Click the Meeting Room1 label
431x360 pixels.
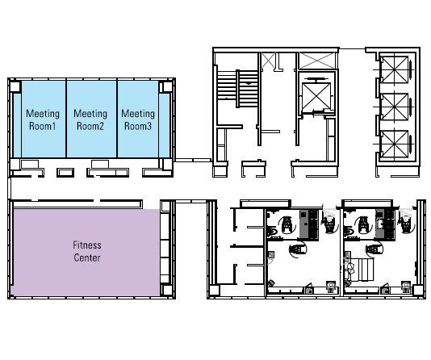point(43,119)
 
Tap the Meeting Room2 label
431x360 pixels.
point(90,119)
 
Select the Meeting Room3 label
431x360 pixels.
point(138,119)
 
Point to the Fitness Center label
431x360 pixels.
point(87,251)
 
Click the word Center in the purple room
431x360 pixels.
point(87,257)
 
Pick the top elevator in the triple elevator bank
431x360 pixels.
point(395,69)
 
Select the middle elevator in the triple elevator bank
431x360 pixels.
point(395,107)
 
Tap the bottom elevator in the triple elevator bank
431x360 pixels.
point(395,144)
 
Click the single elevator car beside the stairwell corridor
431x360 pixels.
point(316,96)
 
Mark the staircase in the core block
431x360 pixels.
point(238,89)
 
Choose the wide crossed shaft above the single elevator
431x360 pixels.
point(317,61)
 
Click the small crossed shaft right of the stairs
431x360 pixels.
point(268,61)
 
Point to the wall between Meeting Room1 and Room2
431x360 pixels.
point(66,119)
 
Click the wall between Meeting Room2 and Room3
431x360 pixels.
point(117,119)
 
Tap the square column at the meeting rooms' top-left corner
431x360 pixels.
point(15,86)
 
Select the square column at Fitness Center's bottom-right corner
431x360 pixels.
point(167,290)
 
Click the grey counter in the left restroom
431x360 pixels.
point(303,224)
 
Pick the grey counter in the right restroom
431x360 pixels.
point(380,224)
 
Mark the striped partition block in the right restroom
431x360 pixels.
point(362,270)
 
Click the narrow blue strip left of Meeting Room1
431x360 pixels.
point(17,125)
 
